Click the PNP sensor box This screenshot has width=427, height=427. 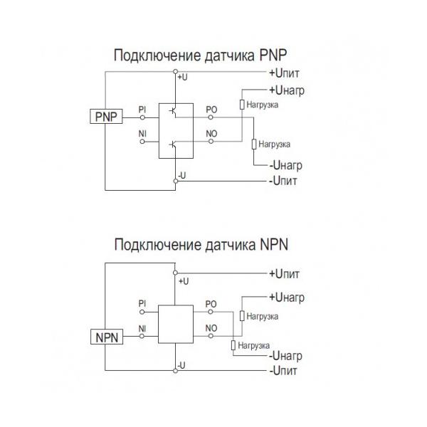(106, 117)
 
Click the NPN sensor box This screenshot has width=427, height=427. (107, 337)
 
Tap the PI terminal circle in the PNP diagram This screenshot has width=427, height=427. (142, 117)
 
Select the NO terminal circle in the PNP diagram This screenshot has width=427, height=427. (211, 142)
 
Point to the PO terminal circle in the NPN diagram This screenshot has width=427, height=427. (211, 312)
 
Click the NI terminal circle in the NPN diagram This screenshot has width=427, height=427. (142, 337)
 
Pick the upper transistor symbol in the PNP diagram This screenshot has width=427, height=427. (173, 111)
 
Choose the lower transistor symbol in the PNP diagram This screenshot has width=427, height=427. (173, 145)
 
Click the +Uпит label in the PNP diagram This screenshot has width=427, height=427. (284, 73)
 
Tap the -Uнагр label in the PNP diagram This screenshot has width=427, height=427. (285, 165)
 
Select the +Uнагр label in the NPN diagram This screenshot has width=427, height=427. (287, 297)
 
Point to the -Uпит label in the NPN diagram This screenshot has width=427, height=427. (283, 371)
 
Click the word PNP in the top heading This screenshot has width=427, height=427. (273, 56)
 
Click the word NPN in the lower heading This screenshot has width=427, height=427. (274, 245)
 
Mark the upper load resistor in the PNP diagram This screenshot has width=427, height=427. (242, 105)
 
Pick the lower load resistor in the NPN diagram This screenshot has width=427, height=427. (233, 345)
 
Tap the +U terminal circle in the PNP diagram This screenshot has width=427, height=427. (175, 72)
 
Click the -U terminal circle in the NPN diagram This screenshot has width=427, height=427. (175, 371)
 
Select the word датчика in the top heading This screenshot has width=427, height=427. (230, 56)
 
